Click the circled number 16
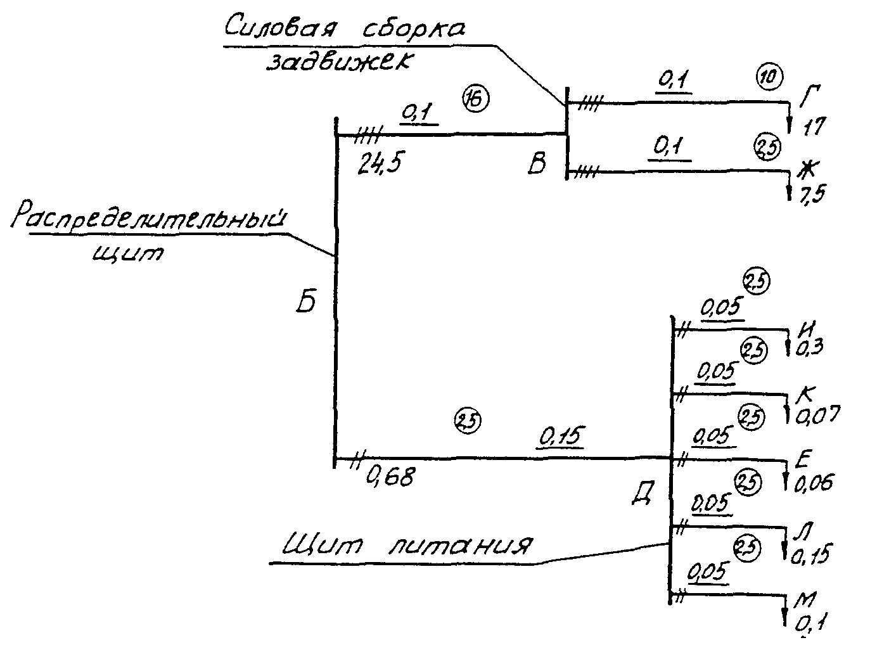[476, 98]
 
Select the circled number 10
[770, 77]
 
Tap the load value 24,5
[380, 163]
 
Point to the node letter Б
[307, 303]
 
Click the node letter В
[537, 163]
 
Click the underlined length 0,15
[560, 437]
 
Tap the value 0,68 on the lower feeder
[390, 476]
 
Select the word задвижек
[340, 63]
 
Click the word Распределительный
[150, 218]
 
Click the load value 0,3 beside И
[809, 347]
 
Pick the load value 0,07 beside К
[817, 415]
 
